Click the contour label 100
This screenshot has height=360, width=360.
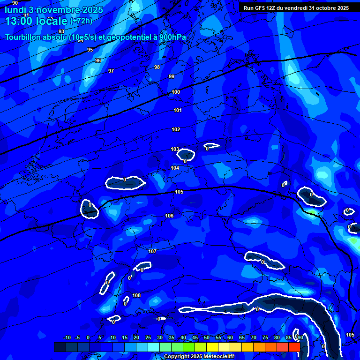[176, 92]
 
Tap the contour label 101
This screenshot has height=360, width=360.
[178, 110]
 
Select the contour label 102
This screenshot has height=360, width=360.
[176, 129]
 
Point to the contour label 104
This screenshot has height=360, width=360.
[175, 168]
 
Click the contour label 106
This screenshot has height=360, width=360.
[169, 216]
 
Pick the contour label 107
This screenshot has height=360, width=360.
[152, 251]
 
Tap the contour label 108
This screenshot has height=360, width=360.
[136, 295]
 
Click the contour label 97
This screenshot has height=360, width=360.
[111, 71]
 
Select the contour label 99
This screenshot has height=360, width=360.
[172, 76]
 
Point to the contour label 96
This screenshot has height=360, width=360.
[98, 60]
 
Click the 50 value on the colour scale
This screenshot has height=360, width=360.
[207, 337]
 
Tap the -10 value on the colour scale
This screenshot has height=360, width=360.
[67, 337]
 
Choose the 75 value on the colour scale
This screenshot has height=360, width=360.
[265, 337]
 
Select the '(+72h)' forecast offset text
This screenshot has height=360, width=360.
[81, 21]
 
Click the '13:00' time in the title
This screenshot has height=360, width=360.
[19, 21]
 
